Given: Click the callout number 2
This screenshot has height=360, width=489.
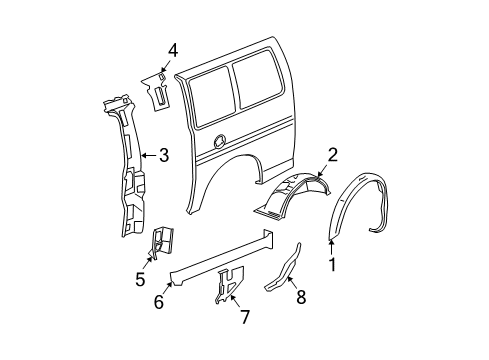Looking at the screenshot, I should [x=333, y=154].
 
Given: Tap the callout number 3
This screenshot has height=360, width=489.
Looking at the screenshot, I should [x=165, y=154].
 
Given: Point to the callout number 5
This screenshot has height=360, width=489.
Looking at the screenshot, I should [x=139, y=281].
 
